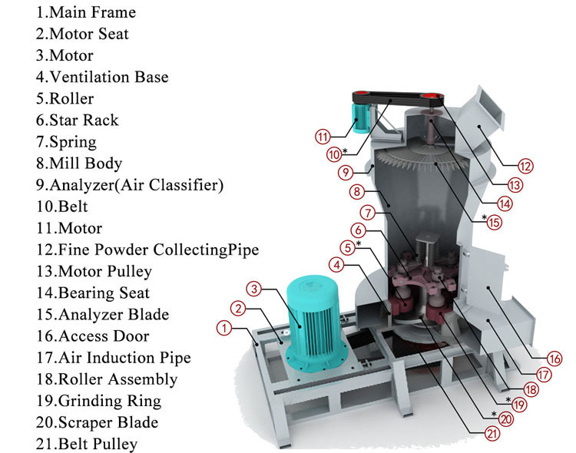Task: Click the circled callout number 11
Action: (323, 137)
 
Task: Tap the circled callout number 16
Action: (554, 359)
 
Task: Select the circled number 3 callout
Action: (254, 289)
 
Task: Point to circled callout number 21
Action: (492, 434)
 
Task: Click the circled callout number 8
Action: (356, 191)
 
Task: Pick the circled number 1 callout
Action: (224, 328)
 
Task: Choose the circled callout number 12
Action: (525, 166)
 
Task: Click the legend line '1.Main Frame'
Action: (85, 12)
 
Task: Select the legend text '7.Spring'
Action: (66, 142)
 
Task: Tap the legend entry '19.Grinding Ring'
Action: (98, 401)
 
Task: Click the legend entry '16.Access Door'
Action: (93, 336)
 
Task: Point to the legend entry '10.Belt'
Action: (61, 207)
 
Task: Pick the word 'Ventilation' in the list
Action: (90, 77)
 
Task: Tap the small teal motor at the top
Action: (361, 117)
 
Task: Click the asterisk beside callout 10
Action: (345, 150)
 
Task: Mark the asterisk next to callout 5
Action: (359, 243)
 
